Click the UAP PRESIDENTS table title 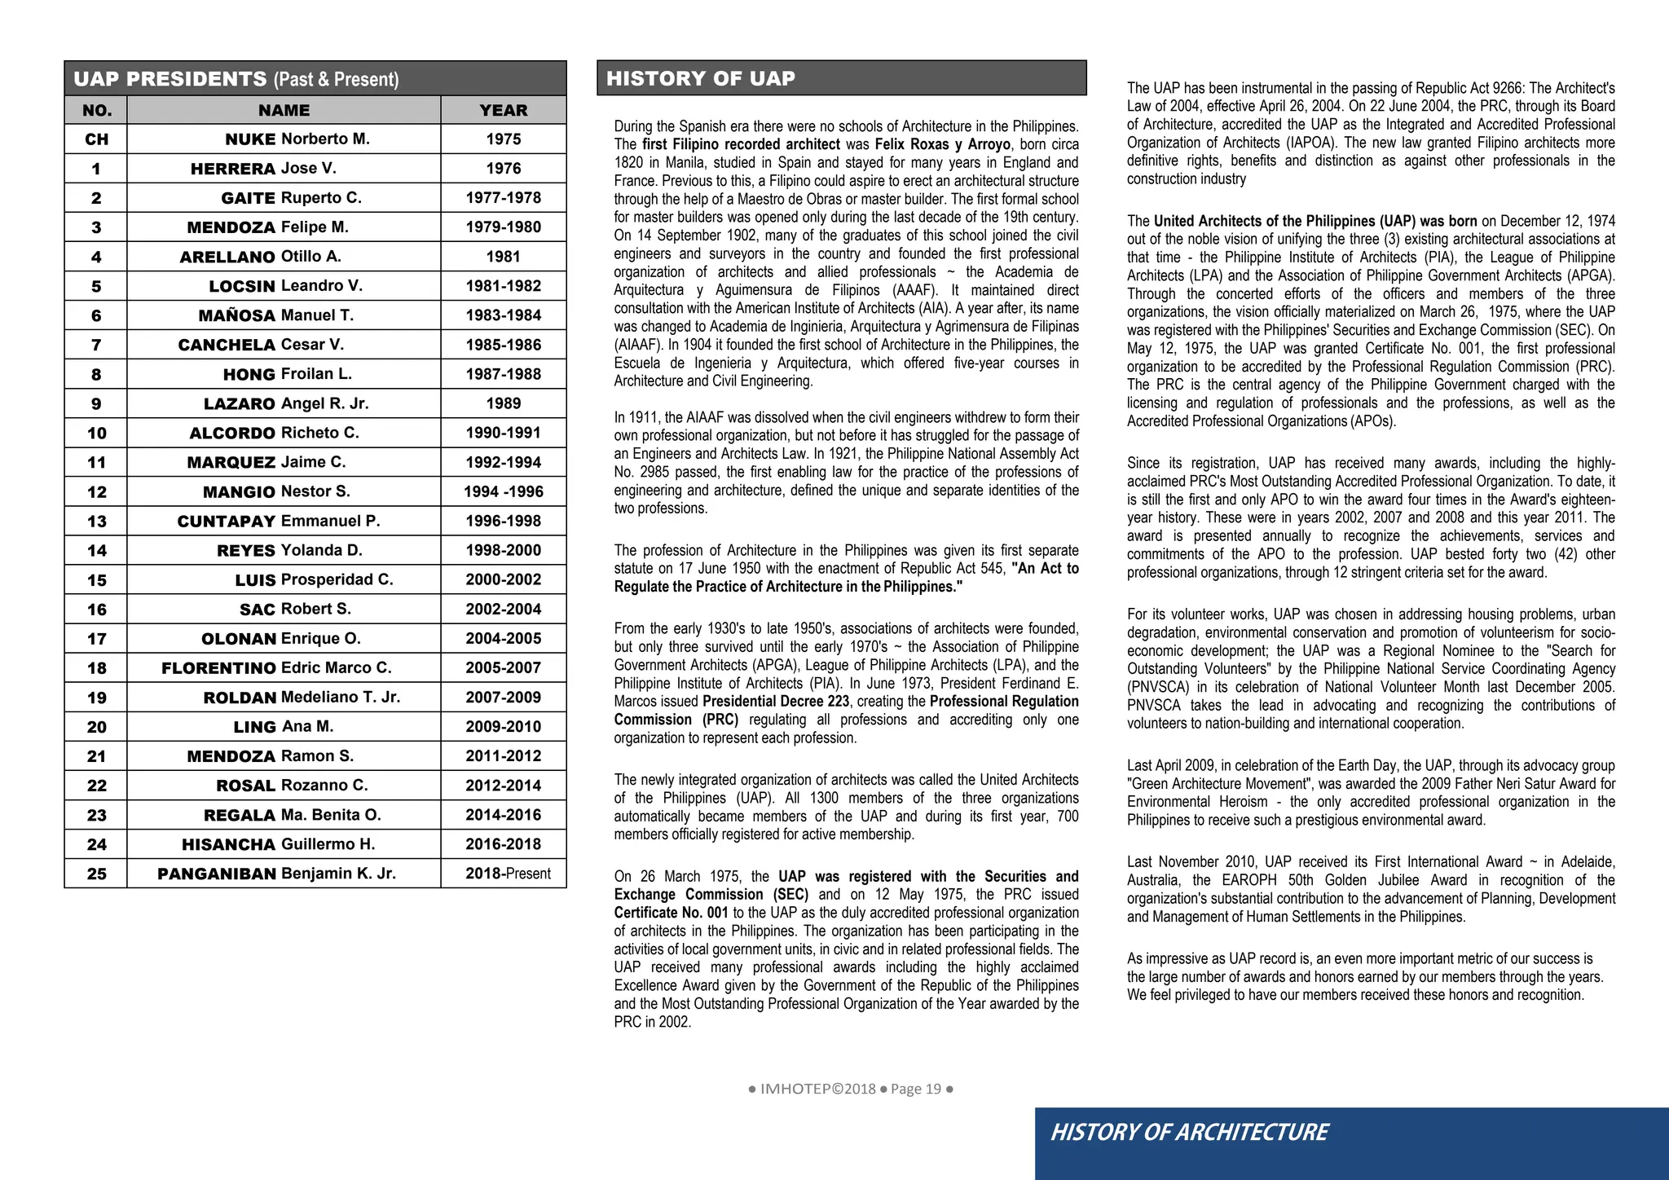point(236,79)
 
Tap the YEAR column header point(503,110)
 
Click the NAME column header point(284,110)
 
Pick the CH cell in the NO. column point(96,139)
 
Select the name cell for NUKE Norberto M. point(297,139)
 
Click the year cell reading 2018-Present point(508,874)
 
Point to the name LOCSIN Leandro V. point(285,286)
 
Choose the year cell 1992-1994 point(503,462)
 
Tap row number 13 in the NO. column point(96,522)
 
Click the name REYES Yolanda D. point(289,551)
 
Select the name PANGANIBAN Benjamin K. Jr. point(276,874)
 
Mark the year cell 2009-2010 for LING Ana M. point(503,727)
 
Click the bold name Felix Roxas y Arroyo point(943,145)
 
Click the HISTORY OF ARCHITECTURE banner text point(1189,1132)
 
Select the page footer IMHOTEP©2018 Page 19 point(850,1089)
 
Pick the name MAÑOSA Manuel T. point(276,315)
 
